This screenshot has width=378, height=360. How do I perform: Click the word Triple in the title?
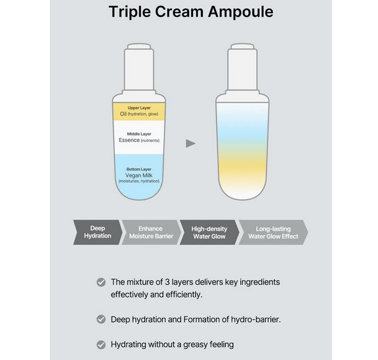pyautogui.click(x=130, y=12)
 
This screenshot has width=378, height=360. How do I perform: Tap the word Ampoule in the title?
pyautogui.click(x=241, y=12)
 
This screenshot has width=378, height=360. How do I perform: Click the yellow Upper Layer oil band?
pyautogui.click(x=139, y=112)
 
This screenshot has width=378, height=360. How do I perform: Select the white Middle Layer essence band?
pyautogui.click(x=139, y=137)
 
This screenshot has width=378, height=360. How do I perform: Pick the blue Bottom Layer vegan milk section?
pyautogui.click(x=139, y=176)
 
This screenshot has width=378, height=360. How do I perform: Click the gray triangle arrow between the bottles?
pyautogui.click(x=190, y=144)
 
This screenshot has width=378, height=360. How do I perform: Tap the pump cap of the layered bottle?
pyautogui.click(x=139, y=68)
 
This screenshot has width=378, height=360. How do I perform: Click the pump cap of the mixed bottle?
pyautogui.click(x=242, y=68)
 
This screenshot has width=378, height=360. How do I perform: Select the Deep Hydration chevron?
pyautogui.click(x=98, y=232)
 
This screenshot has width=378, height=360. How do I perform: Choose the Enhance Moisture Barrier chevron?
pyautogui.click(x=151, y=232)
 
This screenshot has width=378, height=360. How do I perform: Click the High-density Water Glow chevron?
pyautogui.click(x=209, y=232)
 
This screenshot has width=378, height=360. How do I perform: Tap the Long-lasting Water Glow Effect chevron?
pyautogui.click(x=273, y=232)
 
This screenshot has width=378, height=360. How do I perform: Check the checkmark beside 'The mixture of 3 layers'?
pyautogui.click(x=101, y=282)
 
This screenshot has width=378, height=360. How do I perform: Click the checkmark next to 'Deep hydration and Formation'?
pyautogui.click(x=101, y=319)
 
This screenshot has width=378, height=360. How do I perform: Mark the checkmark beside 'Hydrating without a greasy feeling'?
pyautogui.click(x=101, y=344)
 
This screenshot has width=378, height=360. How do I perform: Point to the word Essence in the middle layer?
pyautogui.click(x=129, y=140)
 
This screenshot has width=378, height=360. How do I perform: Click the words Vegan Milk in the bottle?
pyautogui.click(x=139, y=175)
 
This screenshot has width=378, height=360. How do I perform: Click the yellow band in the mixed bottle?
pyautogui.click(x=242, y=166)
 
